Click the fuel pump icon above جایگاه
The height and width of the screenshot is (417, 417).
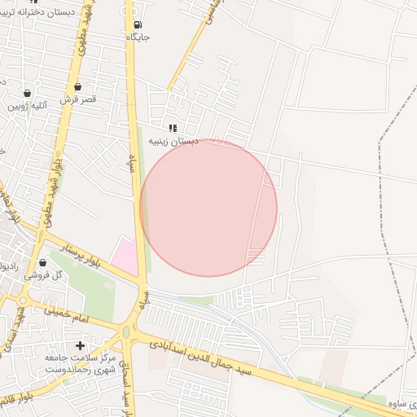(x=136, y=24)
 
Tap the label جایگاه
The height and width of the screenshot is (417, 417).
(x=138, y=37)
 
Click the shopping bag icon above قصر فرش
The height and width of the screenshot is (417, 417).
(x=77, y=86)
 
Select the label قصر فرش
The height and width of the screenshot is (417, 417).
(x=79, y=99)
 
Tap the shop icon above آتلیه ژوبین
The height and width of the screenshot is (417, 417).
(x=28, y=93)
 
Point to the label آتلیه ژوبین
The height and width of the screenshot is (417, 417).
(x=28, y=106)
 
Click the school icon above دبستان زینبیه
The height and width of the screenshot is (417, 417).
(x=173, y=128)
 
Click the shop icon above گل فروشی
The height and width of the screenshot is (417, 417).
(x=42, y=262)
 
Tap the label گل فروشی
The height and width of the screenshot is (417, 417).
(x=43, y=275)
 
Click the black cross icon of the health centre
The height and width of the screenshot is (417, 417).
(x=80, y=345)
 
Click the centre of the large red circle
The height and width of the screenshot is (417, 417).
(x=208, y=208)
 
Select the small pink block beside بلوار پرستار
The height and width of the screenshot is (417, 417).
(x=125, y=256)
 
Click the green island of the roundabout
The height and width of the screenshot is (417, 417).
(x=125, y=332)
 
